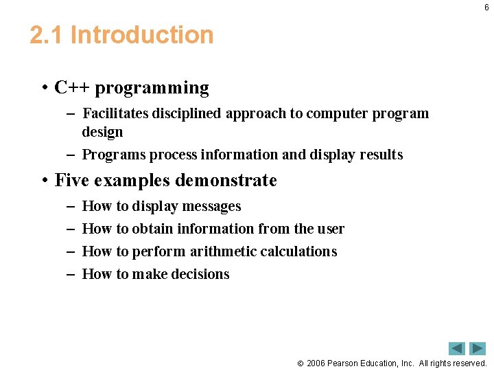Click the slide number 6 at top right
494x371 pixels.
pyautogui.click(x=486, y=8)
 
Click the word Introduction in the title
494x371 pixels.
pyautogui.click(x=142, y=35)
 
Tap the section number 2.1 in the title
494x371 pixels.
pyautogui.click(x=47, y=35)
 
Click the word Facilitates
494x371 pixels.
pyautogui.click(x=111, y=113)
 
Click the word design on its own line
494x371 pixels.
pyautogui.click(x=102, y=132)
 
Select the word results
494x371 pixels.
pyautogui.click(x=381, y=155)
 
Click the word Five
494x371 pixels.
pyautogui.click(x=71, y=181)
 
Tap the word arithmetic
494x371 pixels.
pyautogui.click(x=224, y=251)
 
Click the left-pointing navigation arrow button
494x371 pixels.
pyautogui.click(x=456, y=348)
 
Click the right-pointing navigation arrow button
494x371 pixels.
pyautogui.click(x=478, y=348)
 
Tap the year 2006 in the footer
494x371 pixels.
pyautogui.click(x=316, y=363)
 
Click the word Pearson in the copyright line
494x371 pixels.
pyautogui.click(x=344, y=363)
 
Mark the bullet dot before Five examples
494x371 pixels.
pyautogui.click(x=43, y=181)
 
